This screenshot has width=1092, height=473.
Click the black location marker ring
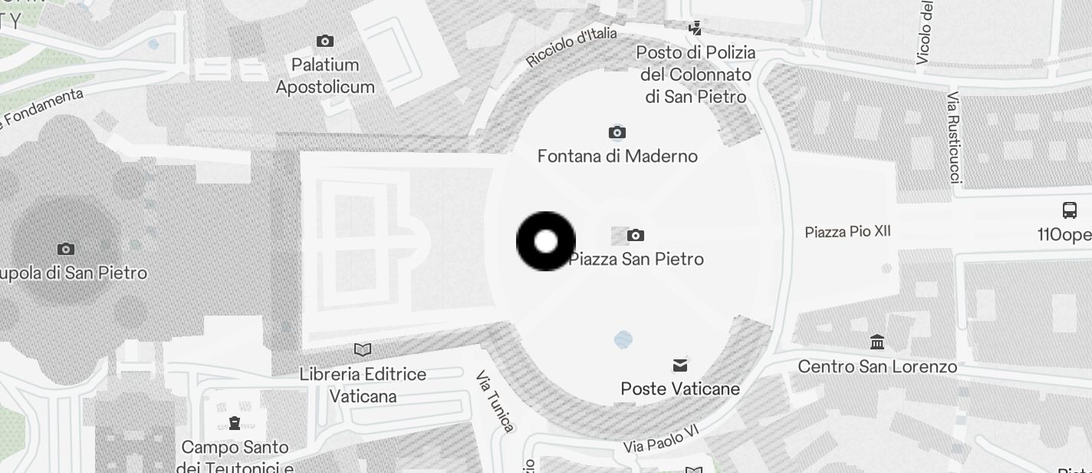[545, 241]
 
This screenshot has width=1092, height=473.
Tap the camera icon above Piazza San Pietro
[635, 235]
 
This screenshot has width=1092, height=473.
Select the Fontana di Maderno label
[617, 156]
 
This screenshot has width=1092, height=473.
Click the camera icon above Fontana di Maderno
[617, 133]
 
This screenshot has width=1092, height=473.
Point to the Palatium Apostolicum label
[325, 75]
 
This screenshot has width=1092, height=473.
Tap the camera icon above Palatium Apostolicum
[325, 41]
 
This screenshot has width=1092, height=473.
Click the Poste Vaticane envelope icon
[680, 365]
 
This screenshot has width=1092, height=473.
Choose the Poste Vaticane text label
[680, 389]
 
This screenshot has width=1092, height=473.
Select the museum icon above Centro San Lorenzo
[877, 342]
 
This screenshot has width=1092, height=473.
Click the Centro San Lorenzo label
[877, 366]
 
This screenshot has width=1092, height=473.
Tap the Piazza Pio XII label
[847, 231]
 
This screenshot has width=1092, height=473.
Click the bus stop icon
[1069, 210]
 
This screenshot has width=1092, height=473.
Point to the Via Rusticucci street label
[954, 138]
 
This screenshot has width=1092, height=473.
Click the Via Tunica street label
[495, 401]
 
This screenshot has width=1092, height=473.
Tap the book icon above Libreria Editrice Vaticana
[363, 350]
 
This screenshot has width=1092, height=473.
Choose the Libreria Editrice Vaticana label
[363, 385]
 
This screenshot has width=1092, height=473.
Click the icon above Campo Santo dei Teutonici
[235, 422]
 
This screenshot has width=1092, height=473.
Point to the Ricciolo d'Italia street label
[571, 47]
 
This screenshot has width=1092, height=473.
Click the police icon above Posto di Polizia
[695, 28]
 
